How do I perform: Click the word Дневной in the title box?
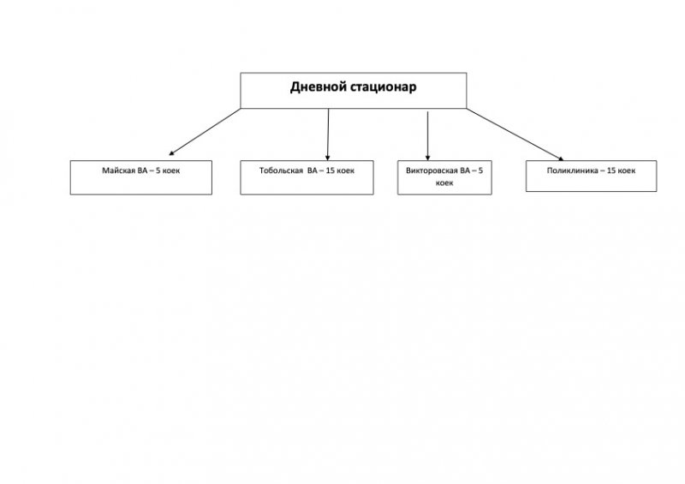click(316, 87)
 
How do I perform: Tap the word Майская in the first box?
click(117, 170)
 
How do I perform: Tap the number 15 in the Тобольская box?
click(330, 170)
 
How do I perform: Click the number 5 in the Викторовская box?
click(480, 170)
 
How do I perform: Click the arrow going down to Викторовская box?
click(427, 133)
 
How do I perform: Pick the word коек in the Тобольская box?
click(345, 170)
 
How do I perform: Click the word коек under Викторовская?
click(444, 182)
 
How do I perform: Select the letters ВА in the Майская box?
click(142, 170)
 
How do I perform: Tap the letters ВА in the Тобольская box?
click(312, 170)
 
